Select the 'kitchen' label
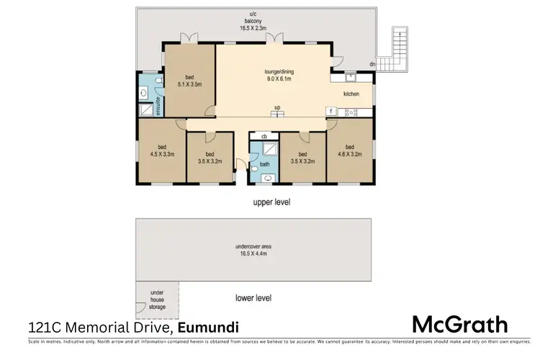351,94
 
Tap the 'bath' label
264,164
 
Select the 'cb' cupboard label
264,136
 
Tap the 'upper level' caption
271,202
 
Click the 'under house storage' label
157,300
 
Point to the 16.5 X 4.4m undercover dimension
256,253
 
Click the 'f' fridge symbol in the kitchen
329,111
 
